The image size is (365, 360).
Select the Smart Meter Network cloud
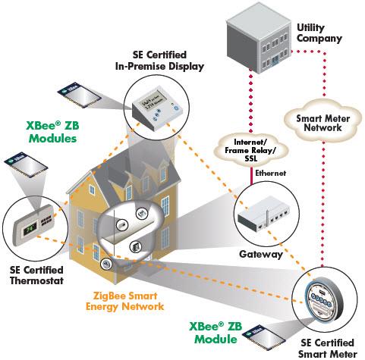coord(319,120)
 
